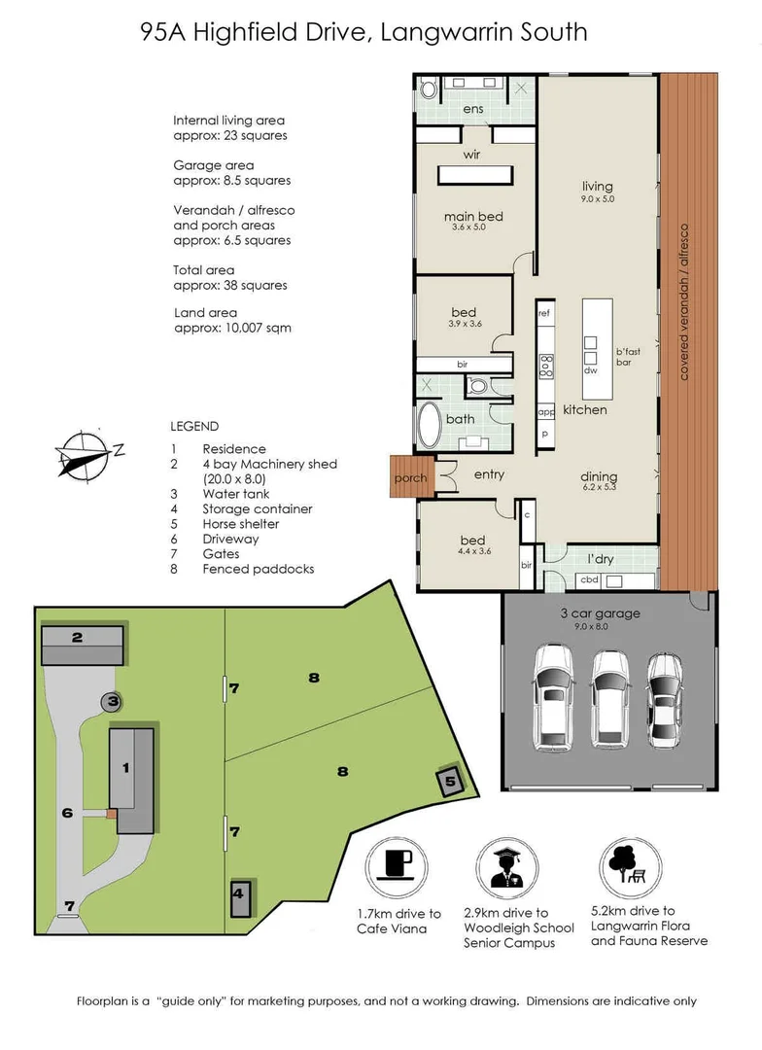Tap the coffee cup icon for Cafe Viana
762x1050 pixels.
click(x=398, y=864)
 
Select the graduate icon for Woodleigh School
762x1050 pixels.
click(x=507, y=864)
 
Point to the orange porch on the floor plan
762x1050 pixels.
click(x=410, y=477)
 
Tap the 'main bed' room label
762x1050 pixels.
click(x=473, y=216)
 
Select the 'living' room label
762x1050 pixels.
click(x=598, y=186)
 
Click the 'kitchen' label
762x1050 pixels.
click(x=584, y=409)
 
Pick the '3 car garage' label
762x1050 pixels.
click(x=598, y=613)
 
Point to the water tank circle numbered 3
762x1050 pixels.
click(x=113, y=700)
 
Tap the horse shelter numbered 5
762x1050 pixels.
click(x=449, y=780)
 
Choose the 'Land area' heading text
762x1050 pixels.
click(x=203, y=313)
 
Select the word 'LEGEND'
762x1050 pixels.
click(x=194, y=426)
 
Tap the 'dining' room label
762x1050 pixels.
click(x=599, y=476)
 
